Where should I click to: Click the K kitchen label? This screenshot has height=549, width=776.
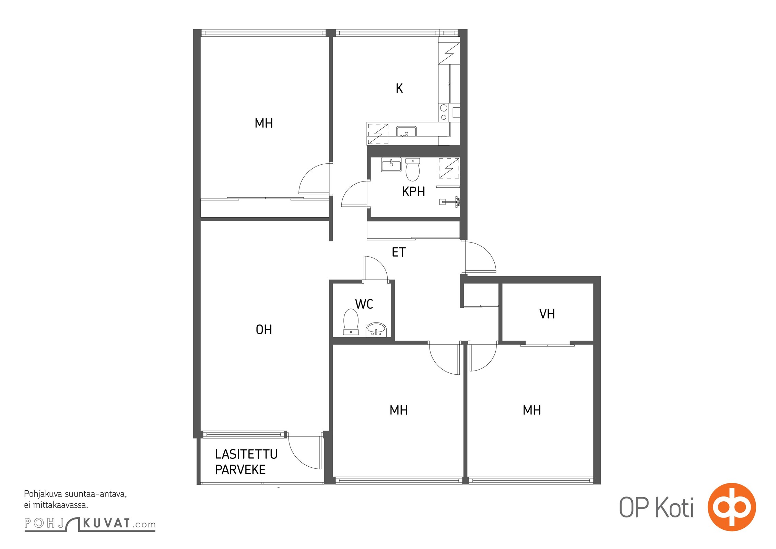click(399, 89)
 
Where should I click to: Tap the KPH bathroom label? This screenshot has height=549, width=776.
click(413, 191)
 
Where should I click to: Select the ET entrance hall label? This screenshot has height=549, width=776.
click(399, 253)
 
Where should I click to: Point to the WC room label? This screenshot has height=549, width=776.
click(364, 304)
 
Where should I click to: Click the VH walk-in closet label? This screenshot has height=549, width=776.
click(547, 314)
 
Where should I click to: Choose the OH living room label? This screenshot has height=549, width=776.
click(264, 330)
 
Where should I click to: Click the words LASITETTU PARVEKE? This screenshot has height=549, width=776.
click(246, 462)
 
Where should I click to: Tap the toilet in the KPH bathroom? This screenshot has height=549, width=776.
click(412, 170)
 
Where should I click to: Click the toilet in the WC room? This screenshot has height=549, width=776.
click(351, 322)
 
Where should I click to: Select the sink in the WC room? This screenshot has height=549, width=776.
click(376, 330)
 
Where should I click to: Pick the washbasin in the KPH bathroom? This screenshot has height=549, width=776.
click(391, 165)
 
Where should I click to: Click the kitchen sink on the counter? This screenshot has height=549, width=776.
click(407, 132)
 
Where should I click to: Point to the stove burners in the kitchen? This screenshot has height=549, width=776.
click(444, 113)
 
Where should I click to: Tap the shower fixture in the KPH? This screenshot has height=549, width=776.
click(450, 202)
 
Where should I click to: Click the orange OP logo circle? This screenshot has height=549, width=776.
click(732, 507)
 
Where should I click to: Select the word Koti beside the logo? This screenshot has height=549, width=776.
click(675, 508)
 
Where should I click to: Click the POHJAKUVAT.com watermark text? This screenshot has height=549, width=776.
click(90, 524)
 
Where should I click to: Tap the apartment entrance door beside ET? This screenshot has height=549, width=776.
click(480, 257)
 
